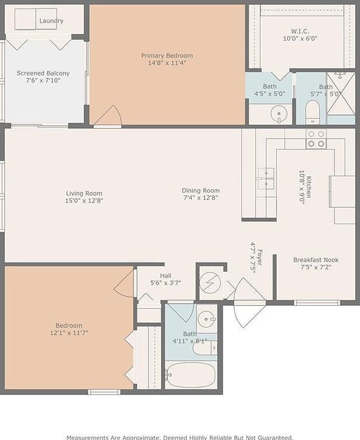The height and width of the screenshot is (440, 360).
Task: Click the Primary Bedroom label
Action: pyautogui.click(x=167, y=55)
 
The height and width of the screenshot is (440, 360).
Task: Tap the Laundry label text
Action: pyautogui.click(x=51, y=21)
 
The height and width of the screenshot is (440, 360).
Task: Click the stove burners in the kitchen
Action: pyautogui.click(x=316, y=139)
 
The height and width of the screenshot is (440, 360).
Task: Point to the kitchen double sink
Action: pyautogui.click(x=266, y=179)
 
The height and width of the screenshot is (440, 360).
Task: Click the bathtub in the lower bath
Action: pyautogui.click(x=190, y=375)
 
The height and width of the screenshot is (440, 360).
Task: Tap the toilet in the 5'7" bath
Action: pyautogui.click(x=313, y=112)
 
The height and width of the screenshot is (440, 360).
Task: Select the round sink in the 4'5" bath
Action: pyautogui.click(x=279, y=114)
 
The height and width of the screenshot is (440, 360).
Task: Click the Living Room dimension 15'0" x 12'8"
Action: pyautogui.click(x=85, y=200)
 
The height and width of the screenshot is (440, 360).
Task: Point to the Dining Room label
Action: pyautogui.click(x=200, y=190)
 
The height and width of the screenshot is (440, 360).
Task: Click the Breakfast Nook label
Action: pyautogui.click(x=316, y=260)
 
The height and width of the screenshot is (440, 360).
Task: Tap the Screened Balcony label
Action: pyautogui.click(x=43, y=74)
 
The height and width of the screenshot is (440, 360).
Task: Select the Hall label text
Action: pyautogui.click(x=165, y=275)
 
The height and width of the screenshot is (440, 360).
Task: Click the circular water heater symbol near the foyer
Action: pyautogui.click(x=210, y=283)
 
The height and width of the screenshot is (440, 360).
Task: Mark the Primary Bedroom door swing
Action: pyautogui.click(x=109, y=117)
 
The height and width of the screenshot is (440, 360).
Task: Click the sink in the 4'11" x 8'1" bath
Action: pyautogui.click(x=207, y=318)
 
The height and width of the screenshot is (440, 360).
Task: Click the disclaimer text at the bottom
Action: pyautogui.click(x=179, y=436)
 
